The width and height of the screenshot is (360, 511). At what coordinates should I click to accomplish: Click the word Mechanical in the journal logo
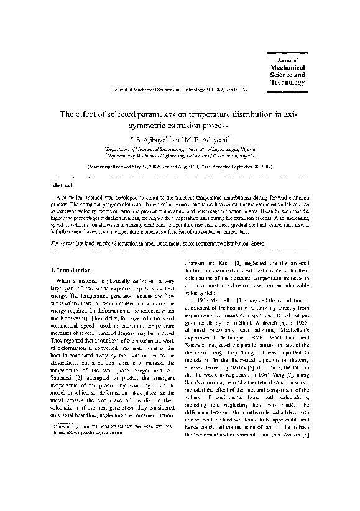[x=287, y=67]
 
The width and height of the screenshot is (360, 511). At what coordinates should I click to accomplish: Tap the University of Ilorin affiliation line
[x=180, y=157]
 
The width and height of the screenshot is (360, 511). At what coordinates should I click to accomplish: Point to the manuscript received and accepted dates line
[x=180, y=168]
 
